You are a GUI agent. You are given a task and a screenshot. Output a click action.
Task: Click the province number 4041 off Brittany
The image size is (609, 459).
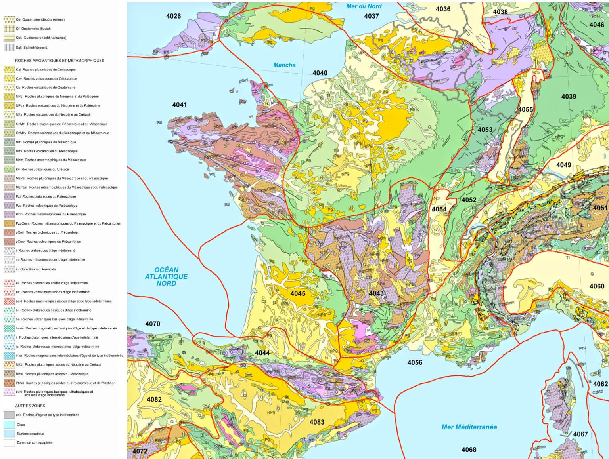[179, 105]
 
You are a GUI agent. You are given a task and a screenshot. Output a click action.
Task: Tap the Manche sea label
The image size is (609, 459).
[284, 65]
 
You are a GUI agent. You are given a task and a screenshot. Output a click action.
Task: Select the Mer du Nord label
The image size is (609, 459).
[364, 6]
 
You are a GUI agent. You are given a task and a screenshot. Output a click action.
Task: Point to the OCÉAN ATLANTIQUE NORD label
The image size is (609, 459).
[166, 276]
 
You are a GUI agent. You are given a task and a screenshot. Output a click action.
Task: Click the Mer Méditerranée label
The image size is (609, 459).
[469, 427]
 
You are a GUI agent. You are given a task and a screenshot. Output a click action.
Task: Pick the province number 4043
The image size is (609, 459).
[376, 293]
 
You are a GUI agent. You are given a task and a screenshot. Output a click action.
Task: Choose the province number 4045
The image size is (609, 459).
[298, 293]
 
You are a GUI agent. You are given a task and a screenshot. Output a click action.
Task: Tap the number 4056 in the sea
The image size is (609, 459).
[415, 362]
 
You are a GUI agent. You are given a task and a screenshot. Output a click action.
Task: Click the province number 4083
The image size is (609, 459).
[317, 422]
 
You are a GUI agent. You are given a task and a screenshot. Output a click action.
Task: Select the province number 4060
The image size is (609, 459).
[597, 286]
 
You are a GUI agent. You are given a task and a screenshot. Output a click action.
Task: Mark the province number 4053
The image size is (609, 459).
[485, 130]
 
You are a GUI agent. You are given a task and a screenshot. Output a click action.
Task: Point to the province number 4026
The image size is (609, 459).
[173, 16]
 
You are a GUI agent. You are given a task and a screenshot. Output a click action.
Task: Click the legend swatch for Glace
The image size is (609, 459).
[9, 425]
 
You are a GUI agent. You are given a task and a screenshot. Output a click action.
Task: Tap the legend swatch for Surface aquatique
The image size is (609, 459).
[9, 434]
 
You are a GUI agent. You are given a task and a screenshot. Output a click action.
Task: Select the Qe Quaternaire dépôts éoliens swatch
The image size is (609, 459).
[9, 19]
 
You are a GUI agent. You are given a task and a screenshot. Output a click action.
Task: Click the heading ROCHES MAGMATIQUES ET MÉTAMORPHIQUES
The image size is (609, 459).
[59, 61]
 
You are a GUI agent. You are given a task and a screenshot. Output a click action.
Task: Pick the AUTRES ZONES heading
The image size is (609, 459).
[30, 406]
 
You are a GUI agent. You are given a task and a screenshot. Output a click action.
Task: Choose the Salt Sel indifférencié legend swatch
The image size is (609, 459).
[9, 48]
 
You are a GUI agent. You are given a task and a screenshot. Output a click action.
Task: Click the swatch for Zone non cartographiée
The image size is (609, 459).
[9, 443]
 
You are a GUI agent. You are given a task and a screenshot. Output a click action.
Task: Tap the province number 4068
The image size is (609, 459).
[469, 449]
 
